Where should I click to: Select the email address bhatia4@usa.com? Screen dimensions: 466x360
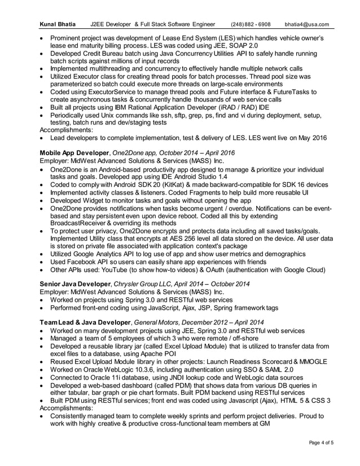click(x=306, y=24)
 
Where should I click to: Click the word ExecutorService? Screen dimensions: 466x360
click(x=106, y=92)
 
